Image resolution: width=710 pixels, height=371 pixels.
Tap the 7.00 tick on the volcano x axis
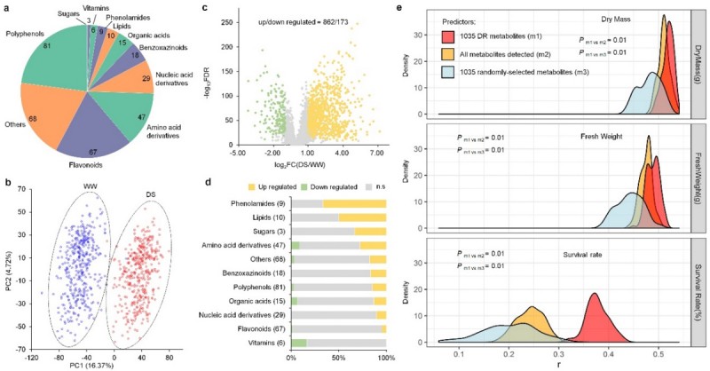coord(377,153)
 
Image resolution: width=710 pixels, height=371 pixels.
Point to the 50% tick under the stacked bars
coord(338,358)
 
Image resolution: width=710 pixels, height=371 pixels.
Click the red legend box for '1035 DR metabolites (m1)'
coord(451,37)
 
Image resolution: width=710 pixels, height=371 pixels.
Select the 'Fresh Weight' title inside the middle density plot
coord(601,138)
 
